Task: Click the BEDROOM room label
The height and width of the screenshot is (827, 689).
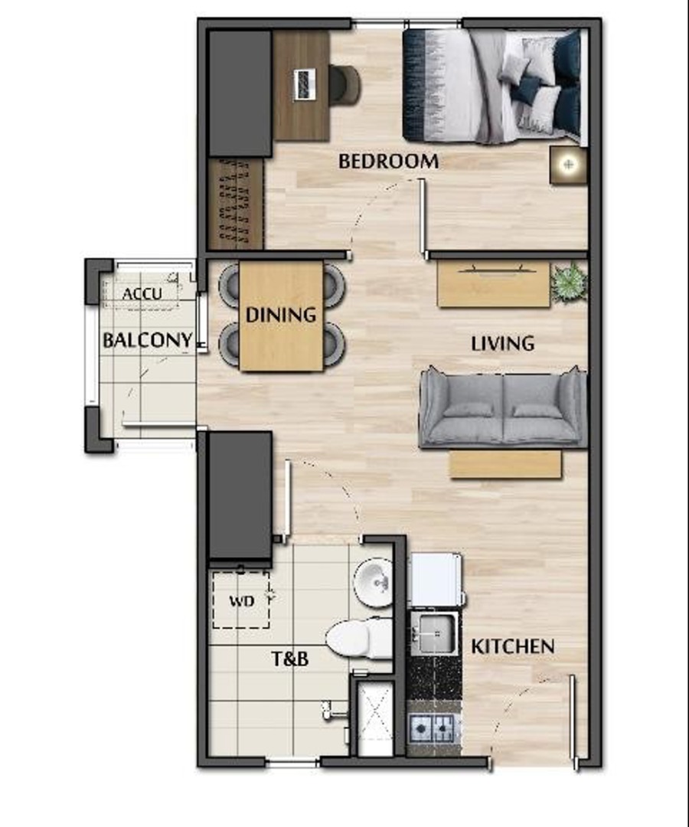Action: click(388, 162)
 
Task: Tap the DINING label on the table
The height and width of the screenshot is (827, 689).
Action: click(280, 314)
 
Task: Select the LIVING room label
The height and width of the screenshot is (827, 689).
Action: click(502, 343)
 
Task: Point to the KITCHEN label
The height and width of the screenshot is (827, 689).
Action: click(512, 646)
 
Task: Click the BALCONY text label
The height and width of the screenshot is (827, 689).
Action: click(147, 340)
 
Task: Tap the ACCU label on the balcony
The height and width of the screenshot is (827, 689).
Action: click(142, 294)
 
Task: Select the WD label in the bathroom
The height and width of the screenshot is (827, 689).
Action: click(240, 600)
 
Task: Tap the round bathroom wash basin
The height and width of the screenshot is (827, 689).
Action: click(374, 583)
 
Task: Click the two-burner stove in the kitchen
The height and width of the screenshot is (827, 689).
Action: click(433, 727)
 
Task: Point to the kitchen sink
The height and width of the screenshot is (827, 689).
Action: click(434, 632)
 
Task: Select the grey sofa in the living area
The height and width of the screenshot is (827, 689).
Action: click(503, 409)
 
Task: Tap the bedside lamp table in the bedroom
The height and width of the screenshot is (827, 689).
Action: click(568, 165)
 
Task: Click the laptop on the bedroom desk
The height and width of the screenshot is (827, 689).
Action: click(304, 84)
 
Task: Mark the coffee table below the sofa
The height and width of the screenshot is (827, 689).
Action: click(505, 464)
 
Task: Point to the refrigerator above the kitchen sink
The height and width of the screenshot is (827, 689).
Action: click(435, 580)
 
